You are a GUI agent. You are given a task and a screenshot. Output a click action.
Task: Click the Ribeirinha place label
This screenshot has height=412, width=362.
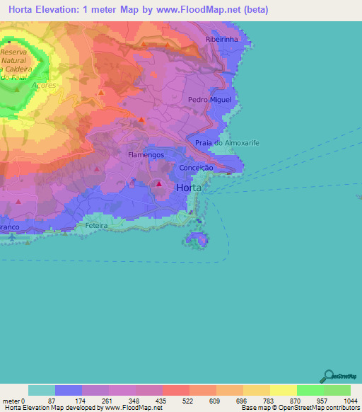tap(222, 40)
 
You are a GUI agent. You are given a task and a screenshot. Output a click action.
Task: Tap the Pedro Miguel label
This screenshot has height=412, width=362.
tap(209, 100)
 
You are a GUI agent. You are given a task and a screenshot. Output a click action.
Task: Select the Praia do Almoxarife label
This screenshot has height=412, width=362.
tap(227, 143)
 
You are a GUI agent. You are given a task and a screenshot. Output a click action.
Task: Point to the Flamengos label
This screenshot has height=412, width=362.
tap(146, 154)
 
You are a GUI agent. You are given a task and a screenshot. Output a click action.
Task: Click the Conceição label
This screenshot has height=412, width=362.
tap(197, 168)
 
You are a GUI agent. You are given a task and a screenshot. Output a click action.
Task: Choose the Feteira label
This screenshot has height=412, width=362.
tap(95, 224)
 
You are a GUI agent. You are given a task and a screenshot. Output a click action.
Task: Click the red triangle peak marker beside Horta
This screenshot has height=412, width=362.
tap(159, 185)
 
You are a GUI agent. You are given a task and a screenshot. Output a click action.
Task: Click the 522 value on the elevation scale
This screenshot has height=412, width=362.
tap(175, 401)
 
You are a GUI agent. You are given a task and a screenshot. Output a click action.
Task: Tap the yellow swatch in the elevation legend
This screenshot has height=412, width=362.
tap(283, 390)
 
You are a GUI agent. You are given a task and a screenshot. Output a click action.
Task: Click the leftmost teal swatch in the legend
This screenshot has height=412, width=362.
tap(41, 390)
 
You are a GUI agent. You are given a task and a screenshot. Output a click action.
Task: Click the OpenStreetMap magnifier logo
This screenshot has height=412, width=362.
tap(327, 376)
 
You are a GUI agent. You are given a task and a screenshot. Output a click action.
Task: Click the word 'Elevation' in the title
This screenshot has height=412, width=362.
tap(63, 10)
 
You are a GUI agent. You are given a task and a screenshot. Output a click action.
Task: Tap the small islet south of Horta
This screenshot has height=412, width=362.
tap(197, 241)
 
